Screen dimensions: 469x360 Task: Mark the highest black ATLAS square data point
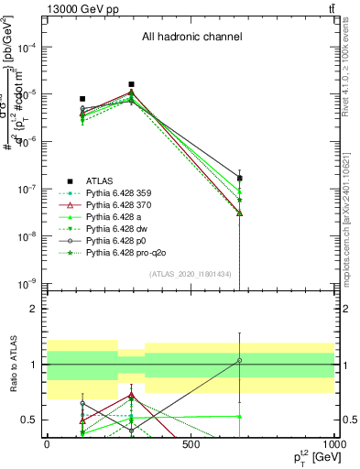[x=132, y=84]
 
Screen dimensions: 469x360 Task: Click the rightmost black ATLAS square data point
[x=239, y=179]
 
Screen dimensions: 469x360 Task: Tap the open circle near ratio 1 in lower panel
[x=239, y=360]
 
